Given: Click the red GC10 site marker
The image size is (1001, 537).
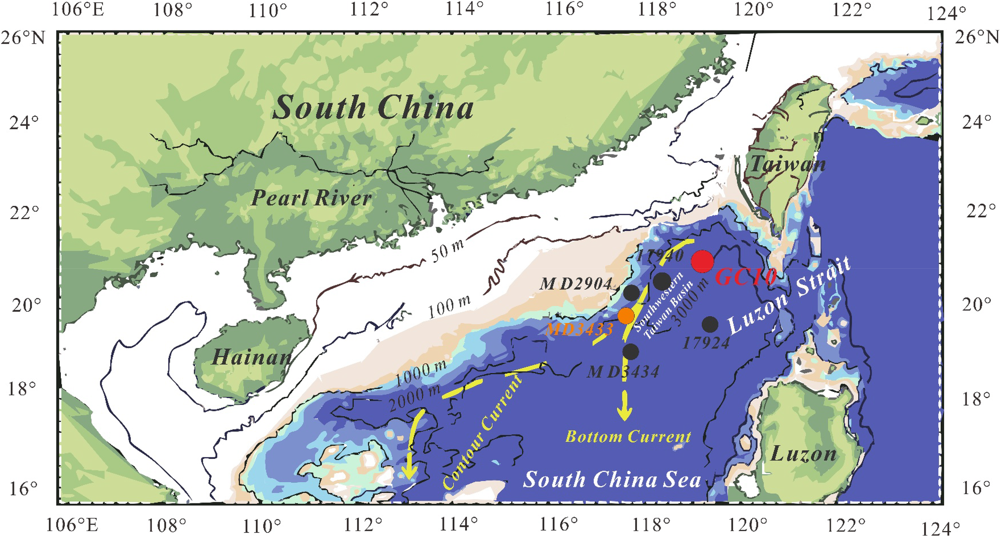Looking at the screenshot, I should coord(702,261).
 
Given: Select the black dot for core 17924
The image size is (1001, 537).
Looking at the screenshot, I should coord(710,325).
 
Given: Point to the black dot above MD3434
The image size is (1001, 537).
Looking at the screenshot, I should coord(631,352).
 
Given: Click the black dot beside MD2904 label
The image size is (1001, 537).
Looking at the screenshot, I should coord(631,293).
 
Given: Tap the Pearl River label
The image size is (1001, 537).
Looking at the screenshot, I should coord(311,198).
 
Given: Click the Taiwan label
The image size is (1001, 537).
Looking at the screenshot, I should coord(787,164).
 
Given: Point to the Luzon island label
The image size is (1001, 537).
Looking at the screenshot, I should coord(804,454).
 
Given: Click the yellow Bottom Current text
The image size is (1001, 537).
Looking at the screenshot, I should coord(628,437).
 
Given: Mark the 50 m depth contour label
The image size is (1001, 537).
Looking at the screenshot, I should coord(447,251).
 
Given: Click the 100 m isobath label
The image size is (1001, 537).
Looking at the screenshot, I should coord(449,306).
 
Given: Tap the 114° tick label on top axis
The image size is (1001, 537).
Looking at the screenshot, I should coord(465,9).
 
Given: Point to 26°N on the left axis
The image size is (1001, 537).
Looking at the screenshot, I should coord(23,38).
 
